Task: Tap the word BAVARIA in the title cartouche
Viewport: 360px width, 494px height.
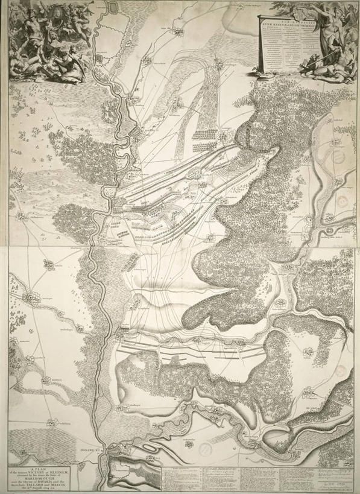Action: pos(57,483)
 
